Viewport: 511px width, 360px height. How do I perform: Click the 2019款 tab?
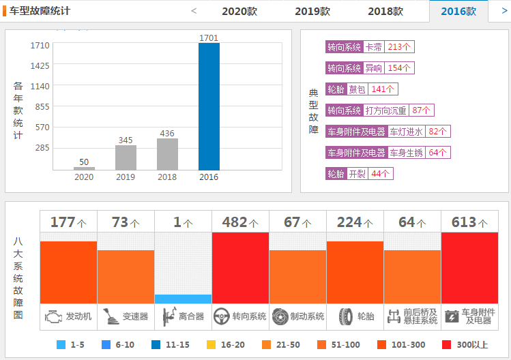tap(312, 11)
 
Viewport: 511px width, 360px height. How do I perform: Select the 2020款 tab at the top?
tap(239, 11)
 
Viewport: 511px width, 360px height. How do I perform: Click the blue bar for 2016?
tap(209, 106)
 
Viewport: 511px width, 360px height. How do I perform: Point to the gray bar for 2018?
tap(167, 154)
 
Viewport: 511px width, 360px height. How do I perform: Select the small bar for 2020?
tap(84, 168)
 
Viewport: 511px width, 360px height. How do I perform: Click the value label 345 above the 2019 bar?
tap(126, 140)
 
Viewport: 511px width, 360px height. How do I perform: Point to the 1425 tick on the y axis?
tap(40, 65)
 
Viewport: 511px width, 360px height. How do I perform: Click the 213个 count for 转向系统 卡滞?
tap(399, 47)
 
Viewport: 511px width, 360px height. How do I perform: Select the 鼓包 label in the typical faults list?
tap(357, 89)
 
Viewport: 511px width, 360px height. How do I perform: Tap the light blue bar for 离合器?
tap(183, 299)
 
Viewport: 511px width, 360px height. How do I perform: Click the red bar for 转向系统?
tap(240, 267)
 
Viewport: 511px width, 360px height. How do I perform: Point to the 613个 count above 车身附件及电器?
tap(469, 222)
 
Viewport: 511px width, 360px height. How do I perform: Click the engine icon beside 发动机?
tap(53, 316)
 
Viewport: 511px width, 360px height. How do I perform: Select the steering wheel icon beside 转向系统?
tap(221, 316)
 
